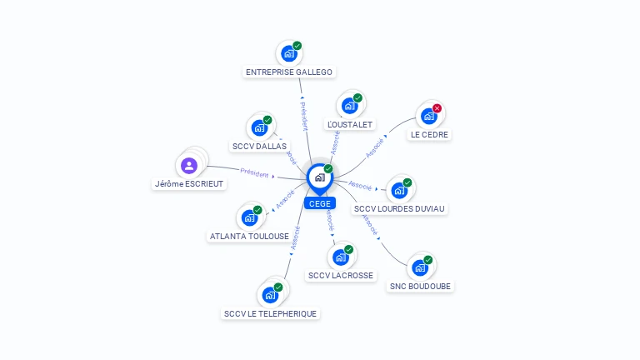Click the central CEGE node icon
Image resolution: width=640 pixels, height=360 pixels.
[x=319, y=177]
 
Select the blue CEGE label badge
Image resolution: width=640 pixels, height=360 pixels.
[x=319, y=203]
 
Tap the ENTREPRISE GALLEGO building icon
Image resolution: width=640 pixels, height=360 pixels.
[x=289, y=54]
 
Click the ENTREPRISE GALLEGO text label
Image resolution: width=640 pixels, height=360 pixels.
[x=289, y=72]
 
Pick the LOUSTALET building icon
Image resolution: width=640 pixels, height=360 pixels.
[x=349, y=106]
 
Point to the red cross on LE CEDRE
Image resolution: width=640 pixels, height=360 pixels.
[x=437, y=108]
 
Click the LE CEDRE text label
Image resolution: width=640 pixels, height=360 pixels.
[x=429, y=134]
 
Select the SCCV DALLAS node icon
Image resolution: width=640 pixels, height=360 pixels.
[x=259, y=128]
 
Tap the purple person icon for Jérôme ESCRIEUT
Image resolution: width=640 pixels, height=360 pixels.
[x=189, y=165]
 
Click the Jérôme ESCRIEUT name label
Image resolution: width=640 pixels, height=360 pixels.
[x=189, y=183]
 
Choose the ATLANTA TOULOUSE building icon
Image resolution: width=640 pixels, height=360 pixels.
[x=249, y=218]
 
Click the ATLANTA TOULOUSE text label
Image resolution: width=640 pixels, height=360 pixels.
[x=249, y=237]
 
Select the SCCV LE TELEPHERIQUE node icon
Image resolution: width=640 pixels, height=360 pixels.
[x=269, y=295]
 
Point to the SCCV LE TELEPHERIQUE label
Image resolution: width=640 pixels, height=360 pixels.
[x=271, y=314]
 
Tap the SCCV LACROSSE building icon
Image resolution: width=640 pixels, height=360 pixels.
[x=340, y=257]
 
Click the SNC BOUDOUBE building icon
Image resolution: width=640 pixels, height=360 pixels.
[x=420, y=267]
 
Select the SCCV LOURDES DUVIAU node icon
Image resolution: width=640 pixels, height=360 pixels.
[x=399, y=190]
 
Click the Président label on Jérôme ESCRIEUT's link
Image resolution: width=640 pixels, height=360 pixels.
[x=254, y=173]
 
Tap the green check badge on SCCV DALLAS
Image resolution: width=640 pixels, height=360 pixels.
[x=267, y=120]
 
